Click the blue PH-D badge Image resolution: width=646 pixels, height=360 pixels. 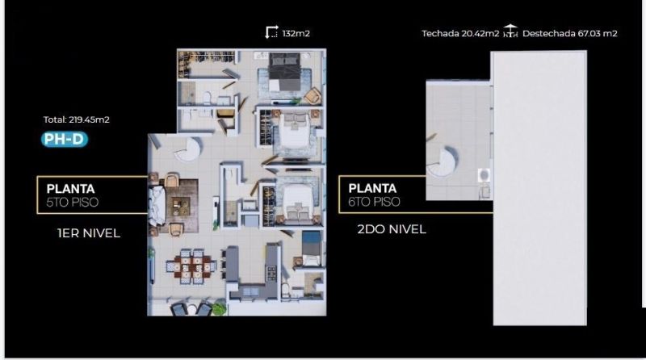tap(65, 139)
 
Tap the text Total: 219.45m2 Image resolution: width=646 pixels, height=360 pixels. tap(77, 119)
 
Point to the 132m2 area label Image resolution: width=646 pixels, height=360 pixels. tap(296, 34)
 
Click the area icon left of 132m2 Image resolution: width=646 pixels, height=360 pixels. tap(271, 32)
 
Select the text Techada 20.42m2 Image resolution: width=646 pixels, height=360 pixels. tap(460, 34)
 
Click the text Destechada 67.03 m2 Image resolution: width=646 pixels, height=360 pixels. tap(570, 34)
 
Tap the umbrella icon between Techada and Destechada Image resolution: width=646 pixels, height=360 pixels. tap(510, 31)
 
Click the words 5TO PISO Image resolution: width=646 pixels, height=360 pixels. tap(73, 203)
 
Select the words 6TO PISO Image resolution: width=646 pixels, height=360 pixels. tap(374, 202)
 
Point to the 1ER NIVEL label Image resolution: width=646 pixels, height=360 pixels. tap(89, 233)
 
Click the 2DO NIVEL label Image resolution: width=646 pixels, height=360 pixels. tap(392, 229)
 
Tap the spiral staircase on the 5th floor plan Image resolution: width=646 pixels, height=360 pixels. tap(188, 149)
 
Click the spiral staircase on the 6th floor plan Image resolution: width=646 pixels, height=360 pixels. tap(442, 162)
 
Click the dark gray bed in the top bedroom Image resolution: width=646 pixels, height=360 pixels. tap(284, 73)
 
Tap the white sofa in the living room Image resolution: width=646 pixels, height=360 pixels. tap(157, 206)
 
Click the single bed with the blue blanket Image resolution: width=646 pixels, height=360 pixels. tap(311, 248)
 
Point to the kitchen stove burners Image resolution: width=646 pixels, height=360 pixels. tap(271, 273)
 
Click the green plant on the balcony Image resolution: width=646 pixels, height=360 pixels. tap(220, 308)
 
